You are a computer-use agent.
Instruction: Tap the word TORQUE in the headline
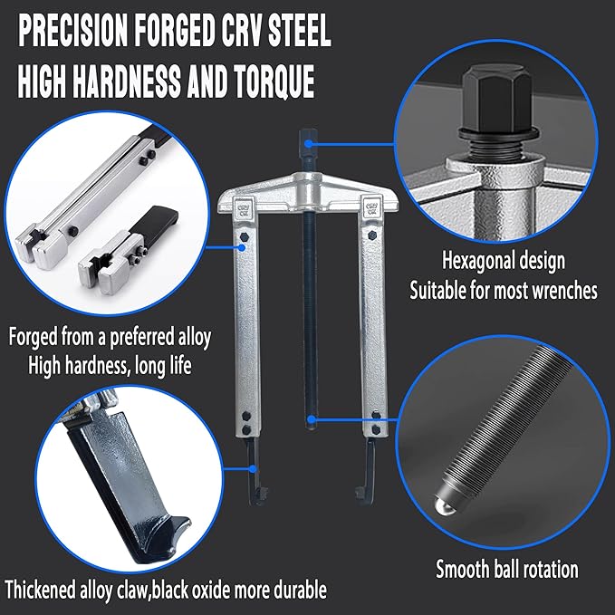[274, 82]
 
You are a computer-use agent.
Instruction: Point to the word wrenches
[565, 291]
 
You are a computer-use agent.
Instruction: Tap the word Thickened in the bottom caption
[40, 590]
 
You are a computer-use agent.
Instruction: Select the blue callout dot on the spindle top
[309, 144]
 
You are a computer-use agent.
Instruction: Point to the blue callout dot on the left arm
[243, 247]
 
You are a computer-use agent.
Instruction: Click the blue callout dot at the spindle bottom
[312, 420]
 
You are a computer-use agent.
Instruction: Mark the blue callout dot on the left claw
[254, 468]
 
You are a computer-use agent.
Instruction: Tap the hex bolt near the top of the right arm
[372, 235]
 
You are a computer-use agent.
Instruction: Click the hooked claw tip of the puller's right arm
[360, 494]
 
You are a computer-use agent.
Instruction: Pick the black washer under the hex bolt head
[498, 135]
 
